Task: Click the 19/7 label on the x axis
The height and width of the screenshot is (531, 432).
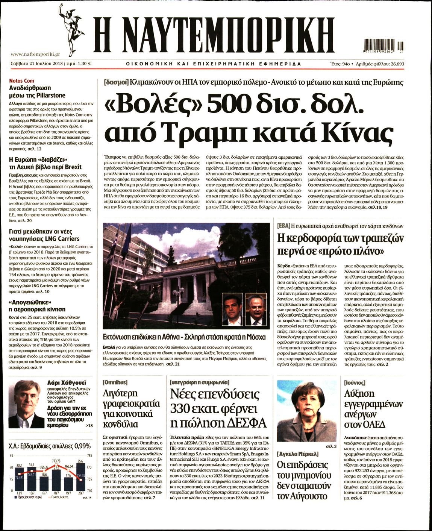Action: (x=68, y=493)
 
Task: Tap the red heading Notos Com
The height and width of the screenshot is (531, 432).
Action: (x=21, y=81)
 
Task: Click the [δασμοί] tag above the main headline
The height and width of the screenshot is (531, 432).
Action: (x=116, y=82)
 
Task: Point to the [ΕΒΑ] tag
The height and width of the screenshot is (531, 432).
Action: (x=283, y=226)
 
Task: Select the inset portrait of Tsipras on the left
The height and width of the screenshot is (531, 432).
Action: (x=232, y=309)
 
